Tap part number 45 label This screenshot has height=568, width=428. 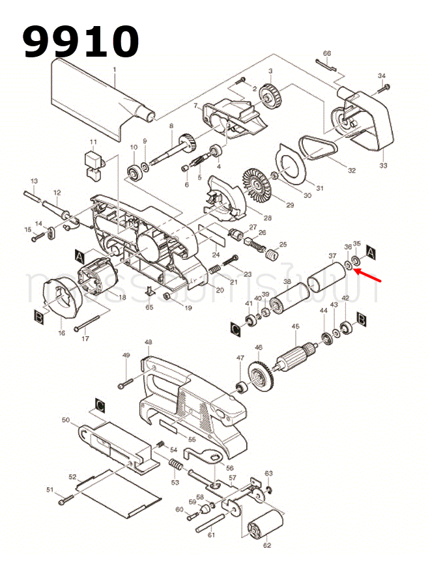point(295,327)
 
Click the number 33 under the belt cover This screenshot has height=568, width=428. point(383,166)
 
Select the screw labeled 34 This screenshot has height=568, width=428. point(383,87)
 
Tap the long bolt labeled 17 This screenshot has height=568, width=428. point(89,324)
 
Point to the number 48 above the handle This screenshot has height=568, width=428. point(149,342)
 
